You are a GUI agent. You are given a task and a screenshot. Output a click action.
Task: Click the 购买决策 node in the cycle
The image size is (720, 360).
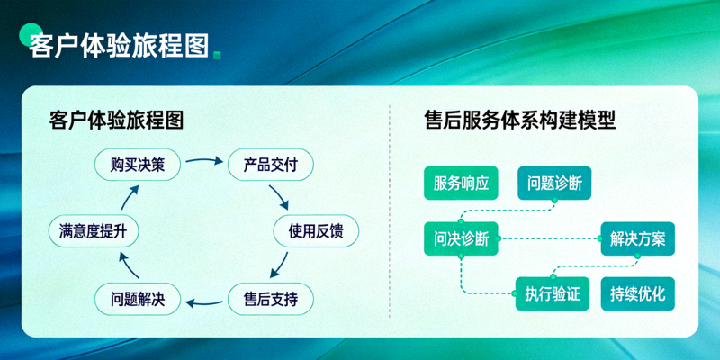tap(138, 165)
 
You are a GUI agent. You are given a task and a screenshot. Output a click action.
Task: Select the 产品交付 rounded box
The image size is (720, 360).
tap(271, 165)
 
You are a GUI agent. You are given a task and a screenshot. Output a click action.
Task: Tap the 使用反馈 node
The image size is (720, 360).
tap(316, 231)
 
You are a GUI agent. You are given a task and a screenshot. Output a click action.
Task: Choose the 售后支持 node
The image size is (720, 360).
tap(271, 298)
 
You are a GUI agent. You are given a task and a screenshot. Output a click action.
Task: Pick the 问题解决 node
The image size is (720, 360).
tap(138, 298)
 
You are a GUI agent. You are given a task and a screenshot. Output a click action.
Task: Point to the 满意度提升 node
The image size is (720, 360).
tap(93, 231)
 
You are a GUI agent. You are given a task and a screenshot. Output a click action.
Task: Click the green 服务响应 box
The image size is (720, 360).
tap(461, 184)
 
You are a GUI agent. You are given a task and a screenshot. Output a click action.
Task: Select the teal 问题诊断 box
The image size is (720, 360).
tap(554, 184)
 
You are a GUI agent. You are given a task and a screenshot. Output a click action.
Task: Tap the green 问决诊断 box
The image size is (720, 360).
tap(461, 238)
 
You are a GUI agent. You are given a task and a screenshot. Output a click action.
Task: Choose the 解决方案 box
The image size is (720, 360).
tap(637, 238)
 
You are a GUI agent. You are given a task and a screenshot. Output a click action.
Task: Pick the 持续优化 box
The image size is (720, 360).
tap(637, 293)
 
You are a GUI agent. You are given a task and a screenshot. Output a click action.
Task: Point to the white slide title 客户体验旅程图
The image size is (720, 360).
tap(117, 45)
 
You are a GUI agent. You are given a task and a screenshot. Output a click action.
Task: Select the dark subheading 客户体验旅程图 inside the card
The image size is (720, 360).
tap(117, 121)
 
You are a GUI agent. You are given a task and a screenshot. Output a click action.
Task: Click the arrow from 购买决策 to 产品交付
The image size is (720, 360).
tap(204, 163)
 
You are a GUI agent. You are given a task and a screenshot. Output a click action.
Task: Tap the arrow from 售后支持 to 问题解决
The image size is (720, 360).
tap(204, 301)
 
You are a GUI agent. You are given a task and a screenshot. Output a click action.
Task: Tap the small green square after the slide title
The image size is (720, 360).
tap(217, 55)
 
